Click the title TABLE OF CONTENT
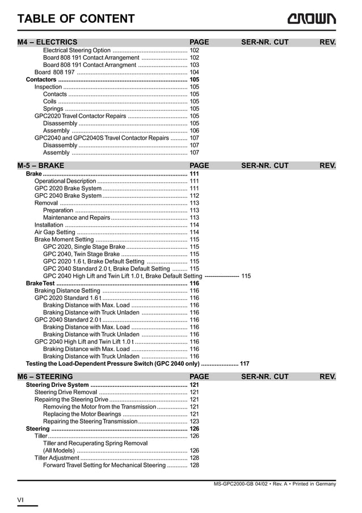click(76, 19)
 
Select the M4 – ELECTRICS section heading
click(48, 42)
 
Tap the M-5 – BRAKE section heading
click(41, 166)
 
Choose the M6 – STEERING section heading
click(45, 377)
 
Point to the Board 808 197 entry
click(54, 72)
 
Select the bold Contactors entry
click(41, 80)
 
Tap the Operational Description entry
click(65, 181)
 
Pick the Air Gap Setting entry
click(54, 232)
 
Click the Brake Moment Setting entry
click(64, 239)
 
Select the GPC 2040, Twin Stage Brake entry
click(81, 254)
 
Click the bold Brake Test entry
click(40, 283)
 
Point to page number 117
click(245, 364)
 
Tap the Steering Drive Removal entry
click(66, 392)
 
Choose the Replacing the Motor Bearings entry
click(82, 414)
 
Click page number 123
click(194, 422)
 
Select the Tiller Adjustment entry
click(57, 458)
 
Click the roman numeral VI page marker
click(20, 499)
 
